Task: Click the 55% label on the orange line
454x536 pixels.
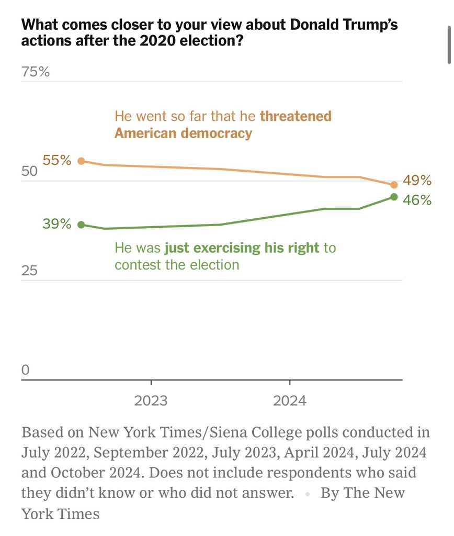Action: [x=57, y=160]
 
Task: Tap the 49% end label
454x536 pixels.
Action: [x=417, y=181]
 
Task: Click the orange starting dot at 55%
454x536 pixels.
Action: [x=81, y=161]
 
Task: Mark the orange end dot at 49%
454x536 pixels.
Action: [x=394, y=185]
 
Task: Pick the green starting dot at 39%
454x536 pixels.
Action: [x=81, y=225]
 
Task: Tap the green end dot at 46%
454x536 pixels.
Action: [x=394, y=197]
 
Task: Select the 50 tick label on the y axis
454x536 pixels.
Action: [x=30, y=172]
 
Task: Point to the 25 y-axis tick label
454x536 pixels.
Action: [x=30, y=271]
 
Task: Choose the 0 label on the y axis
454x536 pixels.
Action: [x=26, y=370]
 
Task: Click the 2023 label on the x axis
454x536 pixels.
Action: [x=151, y=401]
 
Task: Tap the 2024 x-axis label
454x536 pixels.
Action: [x=289, y=401]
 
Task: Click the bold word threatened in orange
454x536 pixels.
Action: [x=296, y=116]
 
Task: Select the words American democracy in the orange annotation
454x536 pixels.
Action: [x=183, y=133]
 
